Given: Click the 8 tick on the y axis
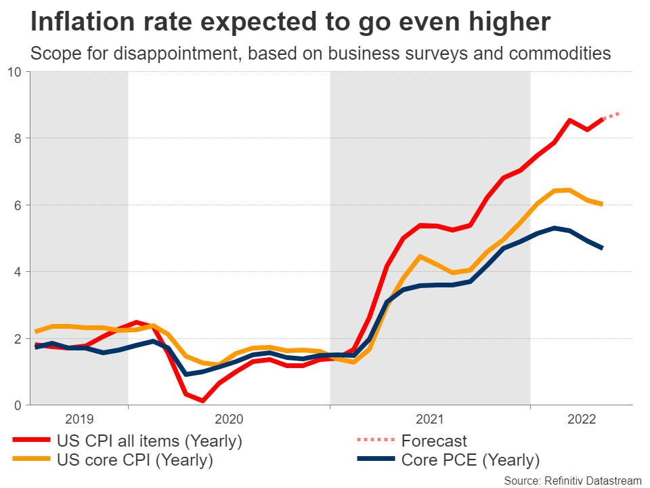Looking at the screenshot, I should point(18,138).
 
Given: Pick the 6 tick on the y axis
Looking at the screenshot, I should point(18,205).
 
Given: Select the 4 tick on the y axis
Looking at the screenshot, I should point(18,272).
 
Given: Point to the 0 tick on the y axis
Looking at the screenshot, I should point(18,405).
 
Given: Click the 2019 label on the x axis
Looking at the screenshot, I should point(81,420).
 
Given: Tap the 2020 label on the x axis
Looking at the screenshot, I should point(229,420).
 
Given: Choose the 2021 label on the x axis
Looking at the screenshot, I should point(430,420).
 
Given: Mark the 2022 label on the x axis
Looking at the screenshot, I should point(582,420).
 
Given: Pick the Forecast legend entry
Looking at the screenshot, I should point(434,441).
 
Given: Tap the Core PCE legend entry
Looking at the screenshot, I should point(471,461).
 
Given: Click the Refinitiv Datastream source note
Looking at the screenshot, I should point(572,479).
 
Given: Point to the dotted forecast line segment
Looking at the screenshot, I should point(611,116).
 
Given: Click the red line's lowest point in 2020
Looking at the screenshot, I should point(203,401).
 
